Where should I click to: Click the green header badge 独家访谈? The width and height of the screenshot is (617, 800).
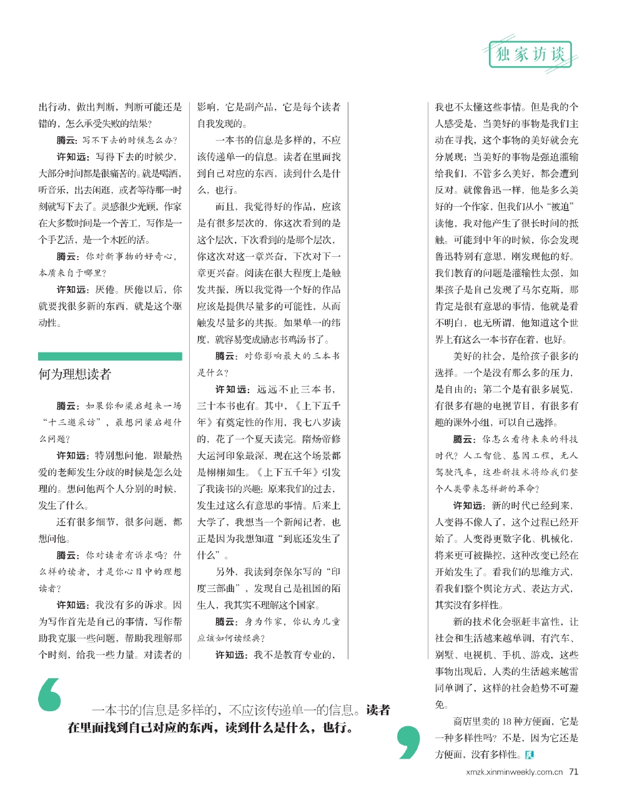point(530,54)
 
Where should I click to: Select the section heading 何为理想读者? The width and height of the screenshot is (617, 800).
point(75,374)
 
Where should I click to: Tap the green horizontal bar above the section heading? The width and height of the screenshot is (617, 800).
point(110,356)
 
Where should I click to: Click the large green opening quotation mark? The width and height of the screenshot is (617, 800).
point(50,694)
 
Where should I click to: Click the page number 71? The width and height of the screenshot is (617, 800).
point(573,772)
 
